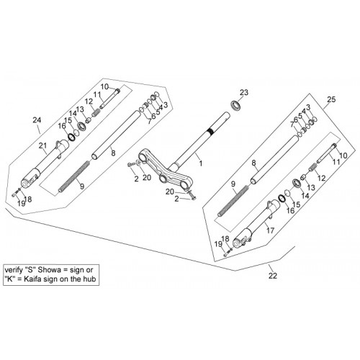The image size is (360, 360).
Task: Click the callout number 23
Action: click(244, 92)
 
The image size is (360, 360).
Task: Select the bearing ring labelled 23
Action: click(235, 105)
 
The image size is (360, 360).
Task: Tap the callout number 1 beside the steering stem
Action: click(200, 163)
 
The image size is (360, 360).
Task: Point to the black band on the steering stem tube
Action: click(210, 131)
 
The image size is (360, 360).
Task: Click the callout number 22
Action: click(273, 276)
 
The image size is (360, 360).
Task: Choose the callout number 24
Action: click(37, 120)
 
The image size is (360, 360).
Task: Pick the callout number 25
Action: click(331, 99)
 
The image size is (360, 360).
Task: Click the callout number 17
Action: click(270, 230)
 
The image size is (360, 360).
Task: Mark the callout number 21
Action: click(42, 145)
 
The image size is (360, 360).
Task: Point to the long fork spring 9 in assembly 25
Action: click(234, 201)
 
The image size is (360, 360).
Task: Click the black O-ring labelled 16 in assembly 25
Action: click(282, 198)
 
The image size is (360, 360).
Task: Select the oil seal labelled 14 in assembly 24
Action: click(82, 126)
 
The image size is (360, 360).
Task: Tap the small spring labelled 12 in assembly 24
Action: click(96, 112)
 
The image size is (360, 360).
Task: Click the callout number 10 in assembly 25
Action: click(343, 156)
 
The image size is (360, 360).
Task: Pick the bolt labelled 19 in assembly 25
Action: click(226, 253)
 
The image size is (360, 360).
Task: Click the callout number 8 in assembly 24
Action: click(113, 153)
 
